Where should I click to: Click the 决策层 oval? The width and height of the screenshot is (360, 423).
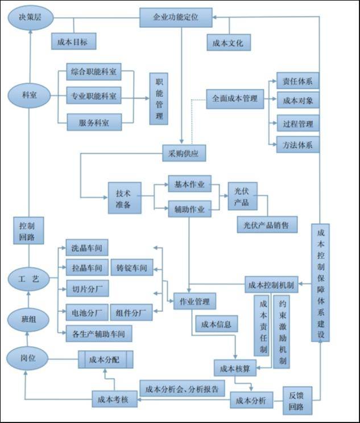(x=31, y=18)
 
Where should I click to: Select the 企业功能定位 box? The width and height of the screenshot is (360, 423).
(x=176, y=18)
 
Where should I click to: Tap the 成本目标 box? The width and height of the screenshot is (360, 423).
(x=73, y=41)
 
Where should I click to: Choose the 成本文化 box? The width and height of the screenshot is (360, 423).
(x=229, y=42)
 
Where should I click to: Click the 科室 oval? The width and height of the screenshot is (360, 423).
(x=29, y=96)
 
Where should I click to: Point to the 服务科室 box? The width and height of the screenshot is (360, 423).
(x=94, y=122)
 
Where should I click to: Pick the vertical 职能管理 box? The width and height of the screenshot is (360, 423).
(x=159, y=98)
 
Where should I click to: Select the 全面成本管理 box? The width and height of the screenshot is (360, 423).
(x=235, y=99)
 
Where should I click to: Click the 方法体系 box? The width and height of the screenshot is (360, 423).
(x=298, y=145)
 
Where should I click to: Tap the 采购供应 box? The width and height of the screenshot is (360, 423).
(x=184, y=153)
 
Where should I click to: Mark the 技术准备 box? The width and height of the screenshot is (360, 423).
(x=125, y=198)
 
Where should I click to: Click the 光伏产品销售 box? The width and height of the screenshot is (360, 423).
(x=267, y=224)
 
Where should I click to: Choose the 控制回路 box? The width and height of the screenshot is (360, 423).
(x=28, y=231)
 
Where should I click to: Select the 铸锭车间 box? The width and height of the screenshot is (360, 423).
(x=132, y=268)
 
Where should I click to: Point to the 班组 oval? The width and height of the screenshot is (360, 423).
(x=28, y=320)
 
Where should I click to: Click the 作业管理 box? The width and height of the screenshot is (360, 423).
(x=195, y=301)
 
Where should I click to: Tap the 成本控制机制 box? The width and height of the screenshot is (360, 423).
(x=271, y=284)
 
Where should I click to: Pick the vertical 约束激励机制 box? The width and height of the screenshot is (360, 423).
(x=282, y=332)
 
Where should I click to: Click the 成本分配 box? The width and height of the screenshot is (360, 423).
(x=106, y=359)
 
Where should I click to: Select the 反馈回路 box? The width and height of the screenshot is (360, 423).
(x=297, y=401)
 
